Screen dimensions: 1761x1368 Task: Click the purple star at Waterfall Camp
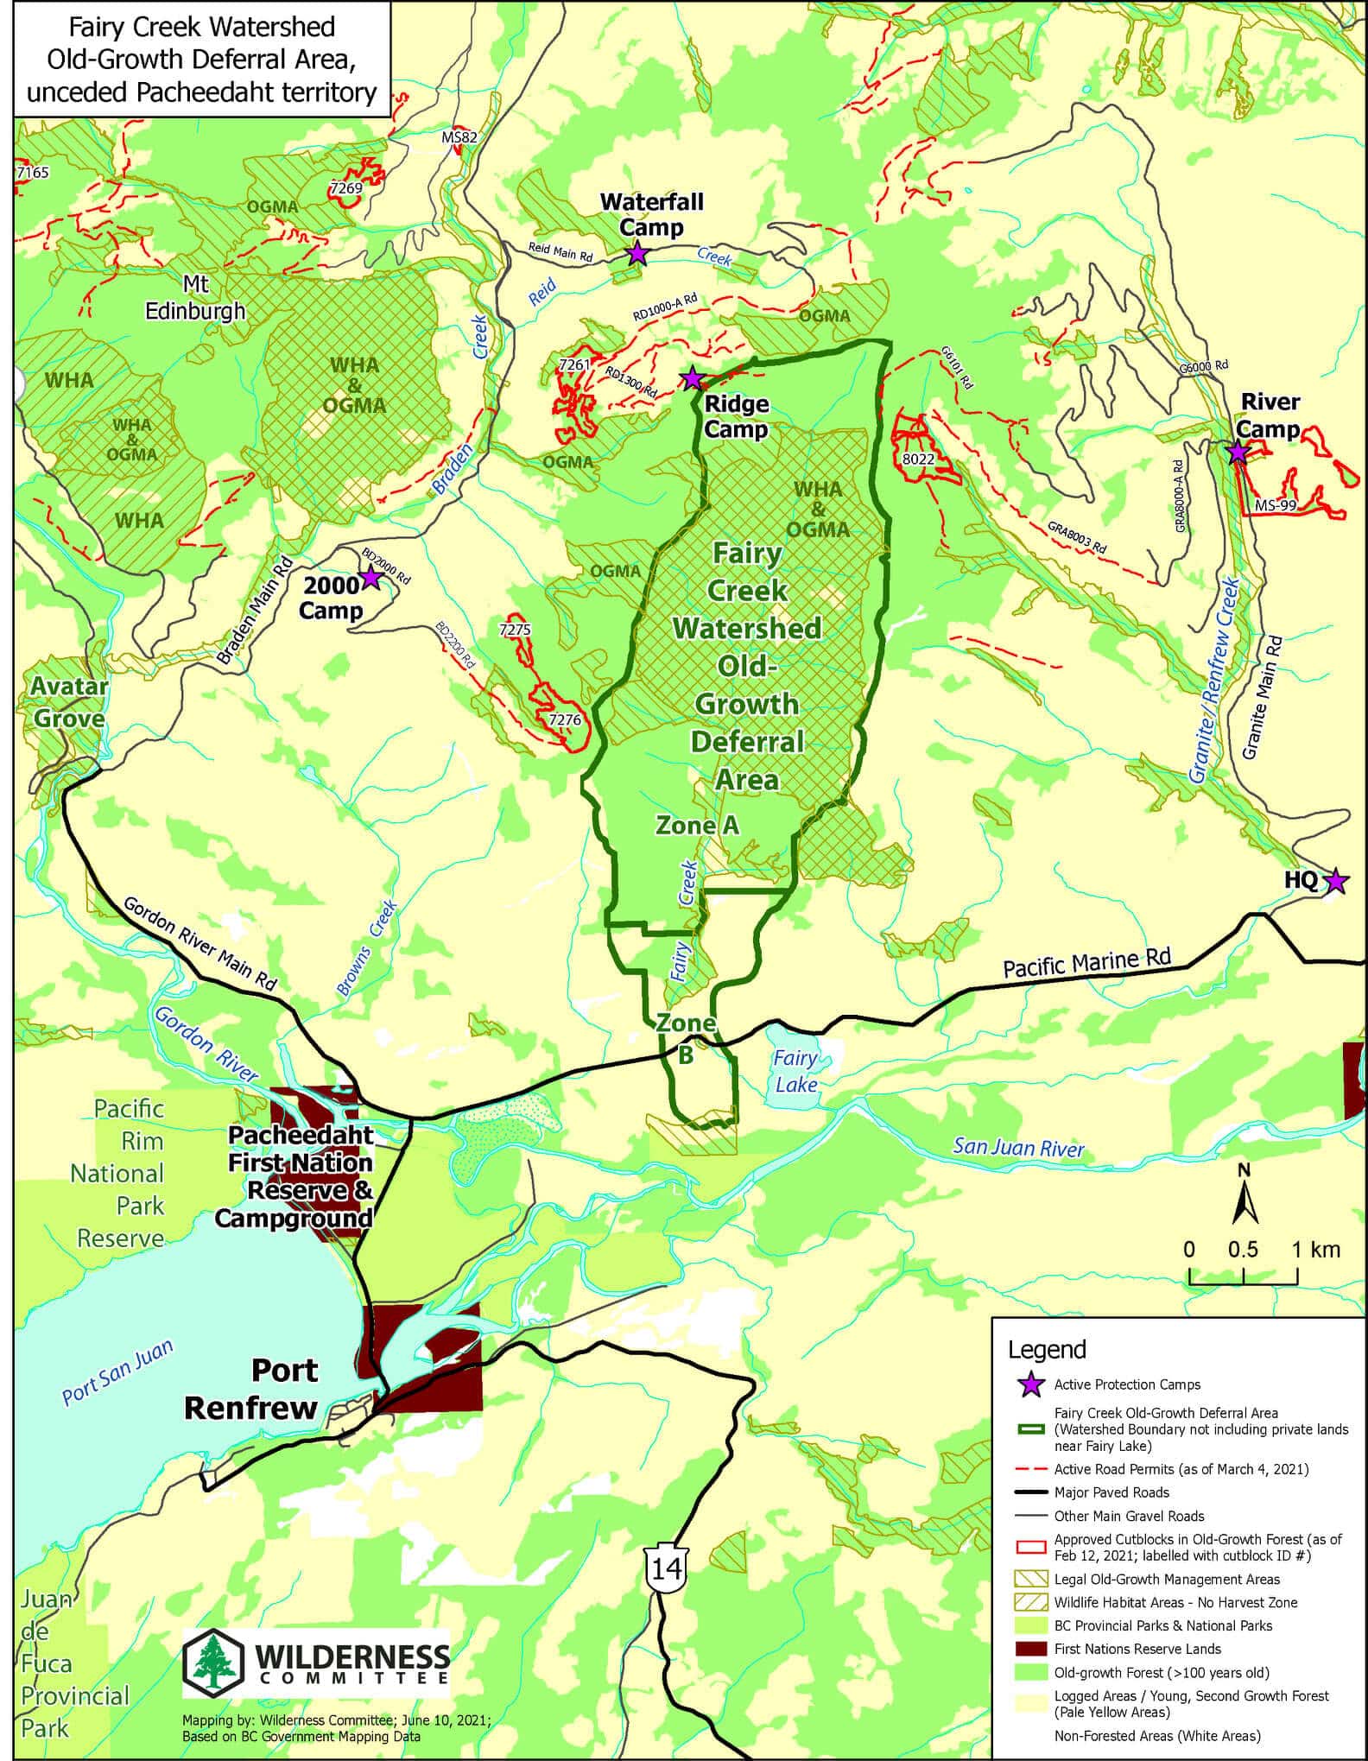click(x=636, y=253)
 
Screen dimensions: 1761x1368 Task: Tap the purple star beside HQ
click(x=1335, y=881)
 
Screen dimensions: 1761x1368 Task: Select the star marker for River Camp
click(x=1237, y=451)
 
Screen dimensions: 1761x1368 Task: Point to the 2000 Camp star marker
click(x=370, y=577)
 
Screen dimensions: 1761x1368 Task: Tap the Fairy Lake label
click(x=795, y=1070)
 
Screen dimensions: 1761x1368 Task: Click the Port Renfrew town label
click(x=250, y=1389)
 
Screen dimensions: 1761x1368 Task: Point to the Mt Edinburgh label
click(x=194, y=298)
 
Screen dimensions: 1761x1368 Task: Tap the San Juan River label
click(x=1017, y=1148)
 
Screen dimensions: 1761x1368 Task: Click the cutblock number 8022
click(x=918, y=459)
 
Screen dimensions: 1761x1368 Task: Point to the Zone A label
click(x=697, y=826)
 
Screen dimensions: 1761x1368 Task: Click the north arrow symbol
click(x=1244, y=1196)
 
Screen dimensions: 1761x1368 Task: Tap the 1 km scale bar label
click(x=1315, y=1249)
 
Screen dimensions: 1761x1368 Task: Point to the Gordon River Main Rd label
click(x=199, y=946)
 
